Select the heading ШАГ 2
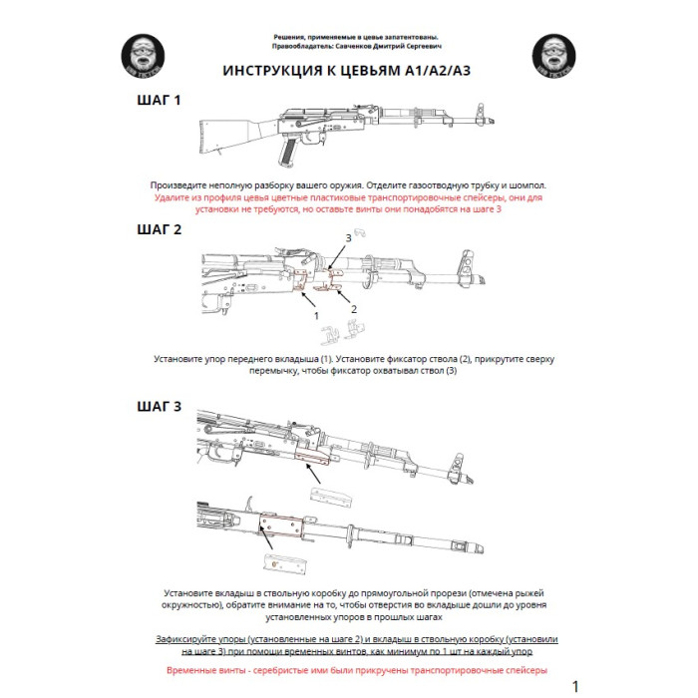(159, 229)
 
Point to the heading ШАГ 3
(159, 406)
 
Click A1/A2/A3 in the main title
(438, 72)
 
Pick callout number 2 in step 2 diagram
(353, 308)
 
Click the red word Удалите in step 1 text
(175, 198)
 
